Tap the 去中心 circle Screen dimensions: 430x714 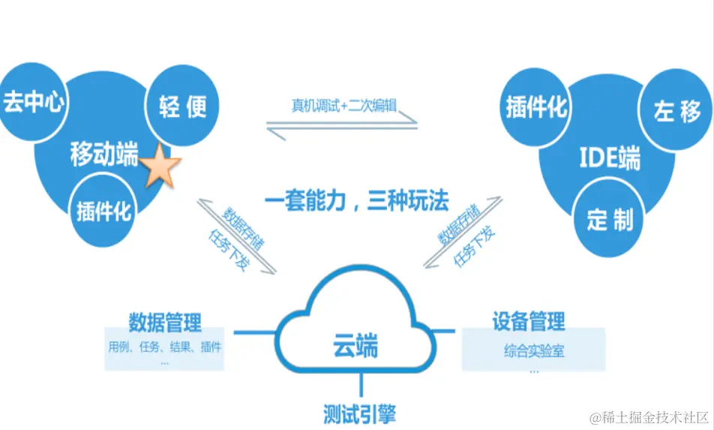pos(33,104)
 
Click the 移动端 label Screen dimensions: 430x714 pos(104,155)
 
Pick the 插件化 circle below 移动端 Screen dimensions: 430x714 pos(103,211)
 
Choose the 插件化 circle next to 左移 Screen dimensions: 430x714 pos(535,108)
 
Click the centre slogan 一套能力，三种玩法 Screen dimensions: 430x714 pos(356,201)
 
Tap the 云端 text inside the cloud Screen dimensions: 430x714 pos(355,347)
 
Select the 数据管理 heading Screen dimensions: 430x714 pos(165,323)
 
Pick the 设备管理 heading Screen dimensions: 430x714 pos(529,323)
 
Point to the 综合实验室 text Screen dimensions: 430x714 pos(534,350)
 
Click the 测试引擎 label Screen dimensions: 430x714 pos(359,413)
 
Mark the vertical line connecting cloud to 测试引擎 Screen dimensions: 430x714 pos(361,385)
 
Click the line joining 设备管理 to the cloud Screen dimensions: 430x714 pos(446,331)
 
